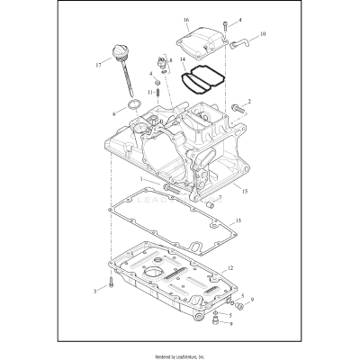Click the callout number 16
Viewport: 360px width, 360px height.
point(185,19)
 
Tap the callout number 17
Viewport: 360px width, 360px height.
point(98,64)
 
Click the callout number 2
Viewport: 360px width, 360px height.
point(249,102)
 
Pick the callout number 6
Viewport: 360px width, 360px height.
point(113,114)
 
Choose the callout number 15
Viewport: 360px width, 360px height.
point(245,192)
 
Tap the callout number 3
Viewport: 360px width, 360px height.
point(94,292)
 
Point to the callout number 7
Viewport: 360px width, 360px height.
point(219,198)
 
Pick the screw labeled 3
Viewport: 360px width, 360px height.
point(109,285)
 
